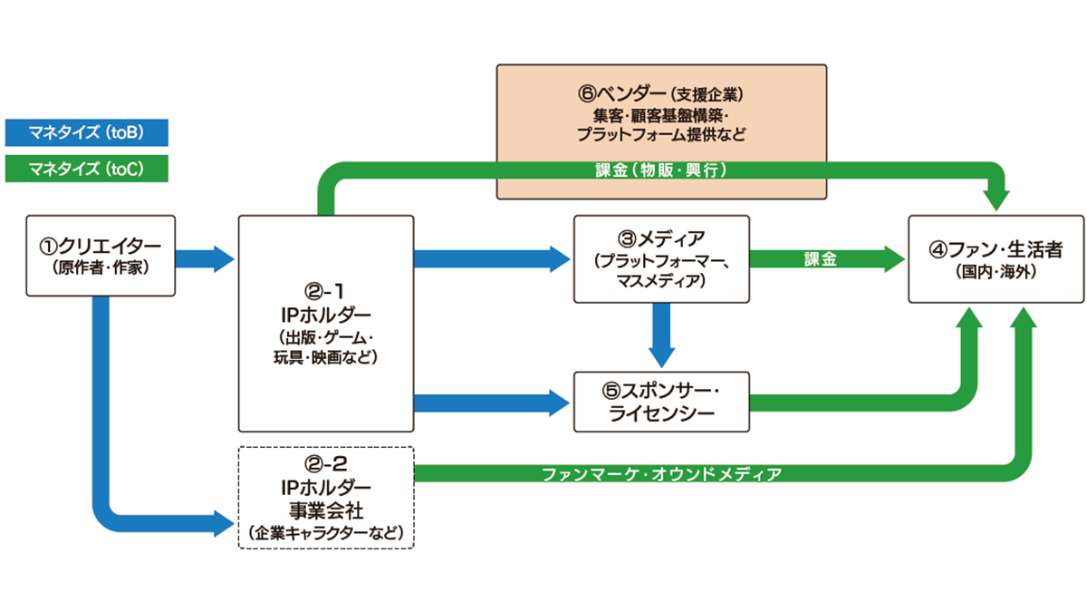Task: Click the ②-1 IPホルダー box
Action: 326,323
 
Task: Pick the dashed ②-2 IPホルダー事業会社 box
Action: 326,497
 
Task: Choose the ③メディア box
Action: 662,258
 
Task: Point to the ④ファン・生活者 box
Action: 996,258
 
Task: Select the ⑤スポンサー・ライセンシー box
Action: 662,401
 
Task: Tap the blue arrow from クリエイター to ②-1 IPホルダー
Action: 203,258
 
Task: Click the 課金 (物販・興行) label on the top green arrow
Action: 662,170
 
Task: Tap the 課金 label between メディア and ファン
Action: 821,259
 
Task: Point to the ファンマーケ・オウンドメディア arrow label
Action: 662,473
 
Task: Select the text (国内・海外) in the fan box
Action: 996,271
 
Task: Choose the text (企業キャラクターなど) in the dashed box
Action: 326,531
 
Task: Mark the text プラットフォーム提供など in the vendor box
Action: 662,134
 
